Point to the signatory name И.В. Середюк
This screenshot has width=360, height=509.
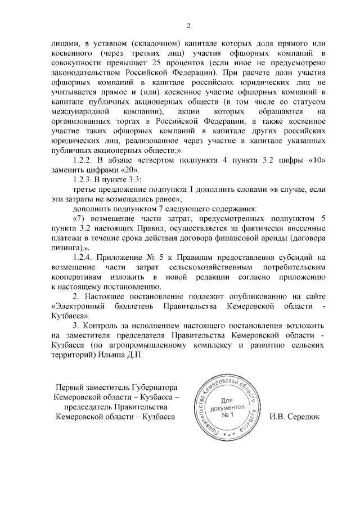point(294,417)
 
